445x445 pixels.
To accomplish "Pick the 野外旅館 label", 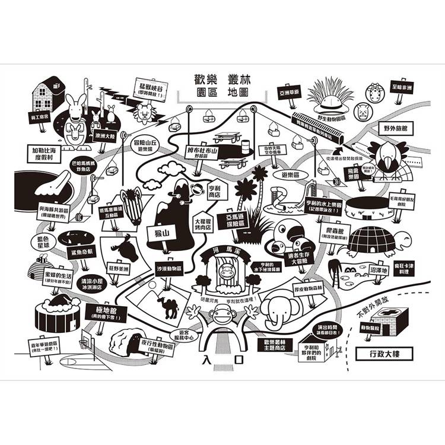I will point(398,128).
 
